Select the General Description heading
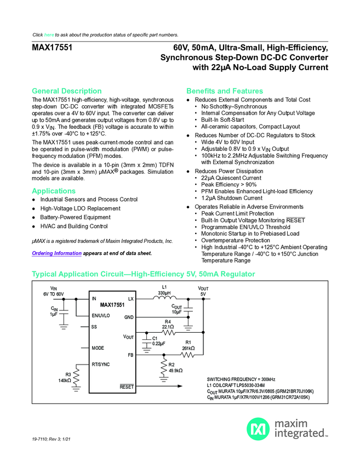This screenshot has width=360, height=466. click(67, 90)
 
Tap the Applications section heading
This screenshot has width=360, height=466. click(54, 191)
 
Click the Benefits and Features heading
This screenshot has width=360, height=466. click(225, 90)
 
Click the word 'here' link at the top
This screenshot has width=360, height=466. click(49, 35)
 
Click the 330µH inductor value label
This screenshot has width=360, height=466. click(164, 293)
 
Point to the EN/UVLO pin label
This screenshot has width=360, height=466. click(101, 316)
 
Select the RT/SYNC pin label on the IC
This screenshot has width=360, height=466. click(101, 363)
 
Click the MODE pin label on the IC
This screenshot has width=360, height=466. click(98, 348)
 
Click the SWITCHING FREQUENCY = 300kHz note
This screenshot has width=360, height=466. click(241, 379)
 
